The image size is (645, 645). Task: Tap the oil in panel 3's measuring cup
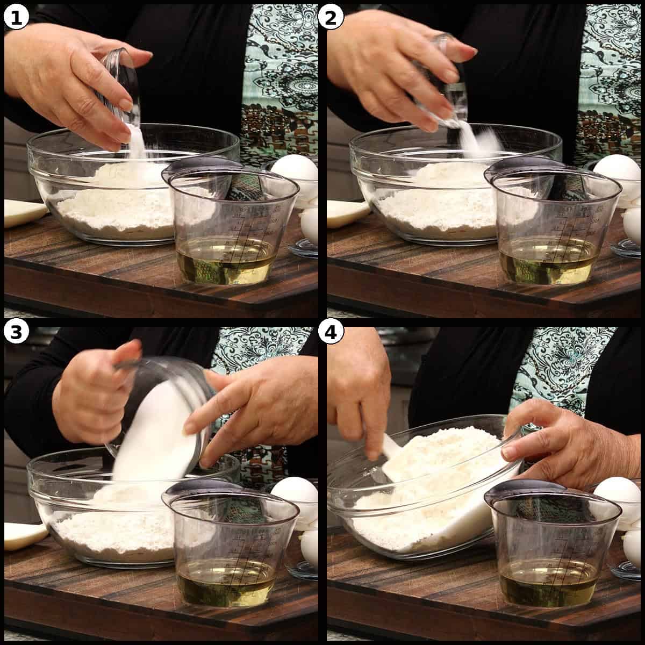coord(226,586)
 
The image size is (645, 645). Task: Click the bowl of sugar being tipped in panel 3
coord(156,414)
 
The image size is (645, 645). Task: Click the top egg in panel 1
coord(295,172)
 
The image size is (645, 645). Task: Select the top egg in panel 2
coord(617,172)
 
